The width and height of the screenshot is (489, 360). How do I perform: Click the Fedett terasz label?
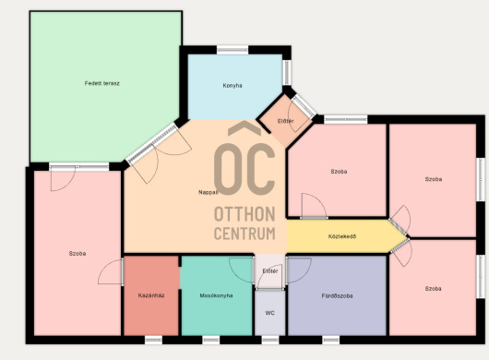click(102, 83)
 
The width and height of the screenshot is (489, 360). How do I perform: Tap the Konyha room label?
click(233, 86)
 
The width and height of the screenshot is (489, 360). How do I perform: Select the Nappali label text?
click(208, 192)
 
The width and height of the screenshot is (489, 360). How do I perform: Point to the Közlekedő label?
click(342, 236)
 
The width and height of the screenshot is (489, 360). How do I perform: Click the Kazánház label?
click(151, 295)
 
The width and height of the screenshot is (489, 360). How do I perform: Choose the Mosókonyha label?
click(216, 295)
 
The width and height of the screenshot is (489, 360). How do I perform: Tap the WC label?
click(269, 313)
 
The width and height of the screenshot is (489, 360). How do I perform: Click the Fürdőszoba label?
click(337, 295)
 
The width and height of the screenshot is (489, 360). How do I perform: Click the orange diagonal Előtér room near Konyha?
click(285, 121)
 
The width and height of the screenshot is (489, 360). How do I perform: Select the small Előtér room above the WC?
click(270, 271)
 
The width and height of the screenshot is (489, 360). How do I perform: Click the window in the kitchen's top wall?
click(233, 50)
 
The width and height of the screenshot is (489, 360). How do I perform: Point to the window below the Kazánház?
click(153, 340)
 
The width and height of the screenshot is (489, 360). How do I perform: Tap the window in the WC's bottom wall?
click(270, 340)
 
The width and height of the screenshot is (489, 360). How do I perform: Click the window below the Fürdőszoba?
click(331, 340)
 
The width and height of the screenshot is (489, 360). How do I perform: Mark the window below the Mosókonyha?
click(211, 340)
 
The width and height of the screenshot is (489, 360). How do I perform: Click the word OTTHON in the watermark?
click(244, 214)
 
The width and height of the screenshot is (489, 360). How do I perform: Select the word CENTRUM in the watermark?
click(244, 233)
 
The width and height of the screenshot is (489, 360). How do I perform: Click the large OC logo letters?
click(244, 169)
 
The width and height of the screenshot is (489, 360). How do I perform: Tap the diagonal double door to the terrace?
click(152, 144)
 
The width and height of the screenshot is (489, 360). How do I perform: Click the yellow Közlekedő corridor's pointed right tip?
click(407, 238)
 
